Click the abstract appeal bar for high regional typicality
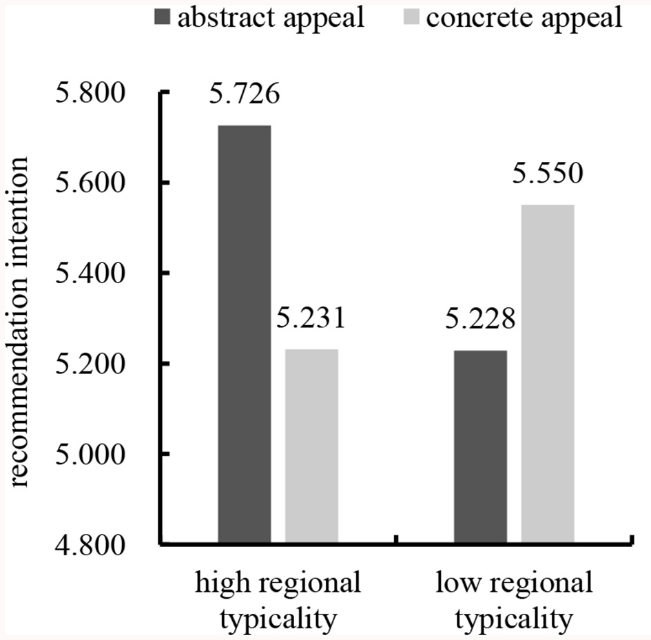coord(244,335)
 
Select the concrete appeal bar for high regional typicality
coord(311,447)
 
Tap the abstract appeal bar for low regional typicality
coord(480,448)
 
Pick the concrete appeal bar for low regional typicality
coord(548,375)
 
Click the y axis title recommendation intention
coord(21,321)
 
